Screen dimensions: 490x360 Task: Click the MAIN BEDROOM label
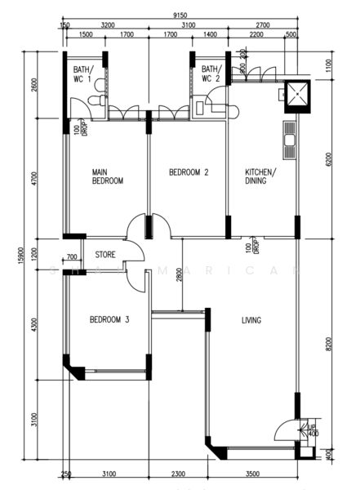(x=107, y=176)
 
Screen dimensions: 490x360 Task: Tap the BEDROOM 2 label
(x=189, y=172)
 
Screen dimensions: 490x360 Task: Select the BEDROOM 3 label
(x=109, y=319)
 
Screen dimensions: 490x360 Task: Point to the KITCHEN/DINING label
(x=261, y=176)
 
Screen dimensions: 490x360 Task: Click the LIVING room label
(x=251, y=320)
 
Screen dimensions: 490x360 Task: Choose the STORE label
(x=104, y=255)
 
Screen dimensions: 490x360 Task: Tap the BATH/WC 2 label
(x=211, y=74)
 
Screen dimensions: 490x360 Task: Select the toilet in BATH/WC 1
(x=97, y=100)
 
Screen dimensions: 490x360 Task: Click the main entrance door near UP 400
(x=287, y=429)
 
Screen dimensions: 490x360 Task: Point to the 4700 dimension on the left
(x=34, y=180)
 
